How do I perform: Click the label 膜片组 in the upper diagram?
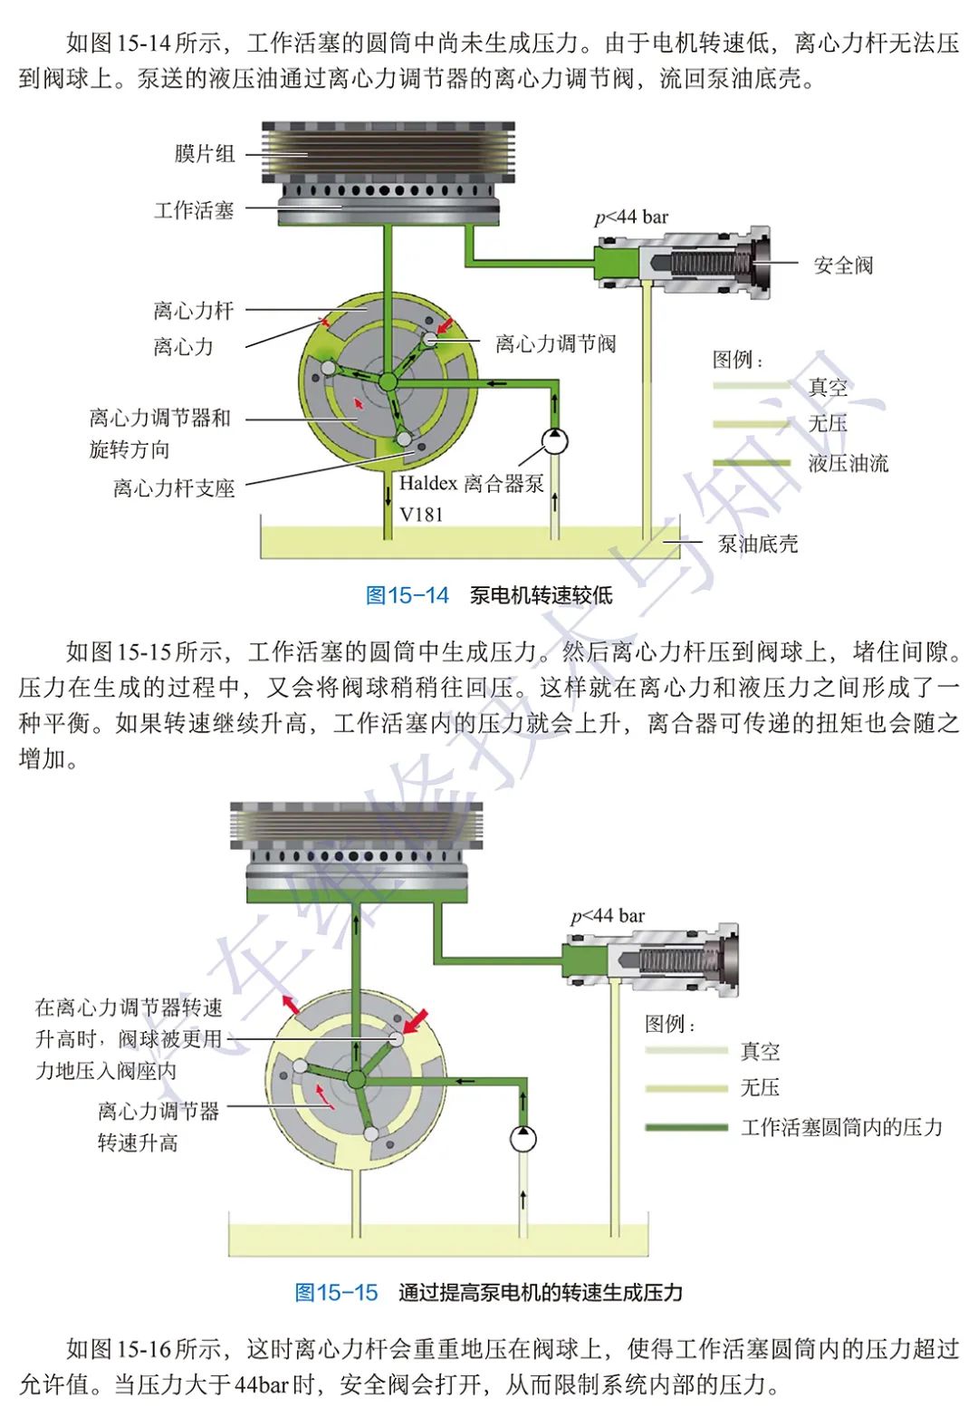click(x=205, y=154)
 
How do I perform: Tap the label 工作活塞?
click(x=194, y=210)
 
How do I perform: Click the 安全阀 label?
click(x=842, y=265)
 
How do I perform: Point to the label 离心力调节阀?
click(x=555, y=343)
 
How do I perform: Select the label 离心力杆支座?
click(x=174, y=488)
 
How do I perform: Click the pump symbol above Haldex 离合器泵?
click(x=554, y=442)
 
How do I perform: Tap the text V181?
click(x=422, y=514)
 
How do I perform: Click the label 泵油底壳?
click(x=758, y=544)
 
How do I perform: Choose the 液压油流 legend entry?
click(x=848, y=463)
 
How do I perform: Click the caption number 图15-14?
click(x=407, y=595)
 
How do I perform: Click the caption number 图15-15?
click(x=336, y=1293)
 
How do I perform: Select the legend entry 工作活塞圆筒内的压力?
click(x=841, y=1127)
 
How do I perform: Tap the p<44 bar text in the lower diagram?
click(x=608, y=916)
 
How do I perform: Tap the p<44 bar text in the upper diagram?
click(x=631, y=217)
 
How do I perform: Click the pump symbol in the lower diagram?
click(x=523, y=1138)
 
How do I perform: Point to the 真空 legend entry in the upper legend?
click(x=828, y=387)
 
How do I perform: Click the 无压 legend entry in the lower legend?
click(x=759, y=1087)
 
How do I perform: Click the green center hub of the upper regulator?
click(x=388, y=381)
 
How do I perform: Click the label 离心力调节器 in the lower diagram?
click(x=158, y=1111)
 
